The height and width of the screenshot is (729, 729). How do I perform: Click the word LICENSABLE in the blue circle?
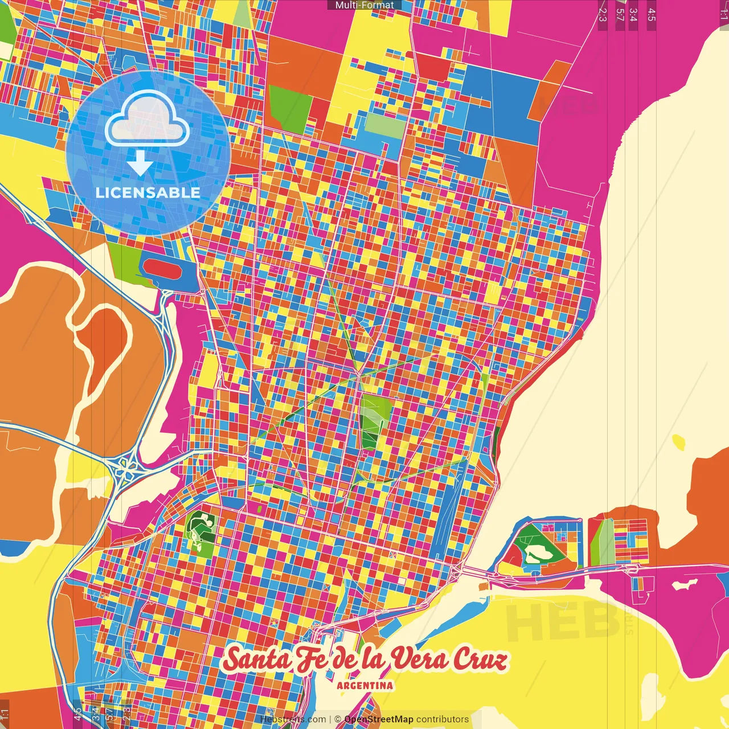tap(148, 193)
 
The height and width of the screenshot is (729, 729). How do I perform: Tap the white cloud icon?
tap(147, 119)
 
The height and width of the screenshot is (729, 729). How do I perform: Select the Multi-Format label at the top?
tap(364, 5)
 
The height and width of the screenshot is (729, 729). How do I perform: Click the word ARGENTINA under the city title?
tap(364, 685)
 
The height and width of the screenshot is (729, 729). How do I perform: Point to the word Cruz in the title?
tap(480, 660)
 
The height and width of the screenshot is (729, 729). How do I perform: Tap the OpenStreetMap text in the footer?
tap(379, 719)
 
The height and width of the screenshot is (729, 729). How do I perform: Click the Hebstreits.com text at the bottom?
tap(293, 719)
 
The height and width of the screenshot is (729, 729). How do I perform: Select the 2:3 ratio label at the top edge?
tap(603, 14)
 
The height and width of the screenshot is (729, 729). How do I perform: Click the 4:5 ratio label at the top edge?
tap(651, 14)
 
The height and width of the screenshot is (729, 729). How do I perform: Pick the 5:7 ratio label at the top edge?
tap(620, 14)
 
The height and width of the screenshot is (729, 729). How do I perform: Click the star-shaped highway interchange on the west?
tap(125, 468)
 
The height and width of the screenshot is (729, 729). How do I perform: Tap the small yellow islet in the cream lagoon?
tap(679, 442)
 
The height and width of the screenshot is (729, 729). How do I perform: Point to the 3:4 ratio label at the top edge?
tap(633, 14)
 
